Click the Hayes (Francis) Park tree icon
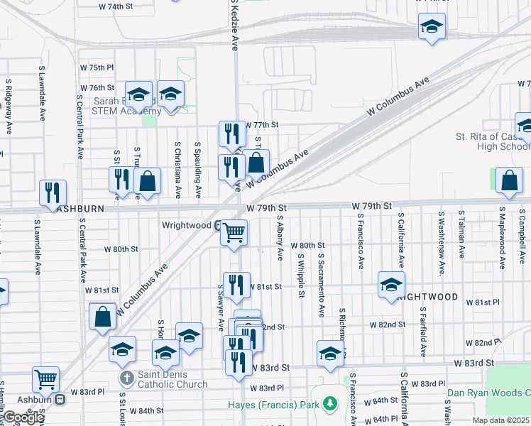(329, 405)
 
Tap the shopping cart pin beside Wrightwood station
(234, 231)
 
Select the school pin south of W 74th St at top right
(432, 26)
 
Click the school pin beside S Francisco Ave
(391, 284)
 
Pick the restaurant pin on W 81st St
(237, 285)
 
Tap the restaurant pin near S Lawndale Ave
(53, 192)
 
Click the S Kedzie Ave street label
(234, 25)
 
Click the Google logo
(23, 417)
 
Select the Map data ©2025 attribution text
(500, 420)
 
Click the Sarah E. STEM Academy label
(128, 106)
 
